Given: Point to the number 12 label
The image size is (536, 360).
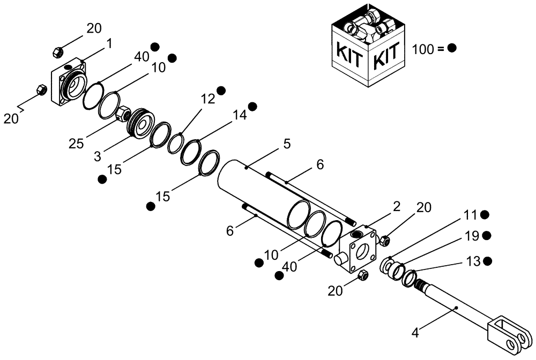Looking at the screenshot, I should [208, 99].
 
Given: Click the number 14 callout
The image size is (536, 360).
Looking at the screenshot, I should [240, 115].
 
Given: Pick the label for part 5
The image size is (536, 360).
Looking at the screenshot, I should [287, 144].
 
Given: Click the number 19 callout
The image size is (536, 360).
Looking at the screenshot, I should [471, 235].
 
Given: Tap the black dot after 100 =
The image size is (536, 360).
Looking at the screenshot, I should [452, 48].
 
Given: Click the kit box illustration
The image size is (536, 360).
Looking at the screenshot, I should [369, 48].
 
